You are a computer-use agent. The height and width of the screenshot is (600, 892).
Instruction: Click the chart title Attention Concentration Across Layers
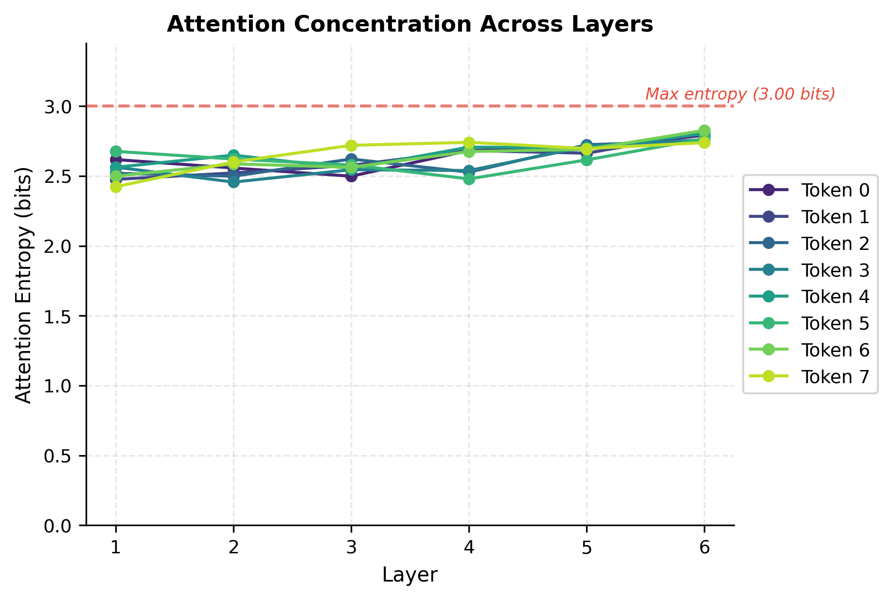[410, 25]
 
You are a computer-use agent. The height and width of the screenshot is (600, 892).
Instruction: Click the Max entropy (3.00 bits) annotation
[740, 94]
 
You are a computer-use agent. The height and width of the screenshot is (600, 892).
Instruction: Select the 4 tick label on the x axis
[469, 548]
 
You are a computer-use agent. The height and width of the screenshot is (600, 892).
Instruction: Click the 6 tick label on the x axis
[704, 548]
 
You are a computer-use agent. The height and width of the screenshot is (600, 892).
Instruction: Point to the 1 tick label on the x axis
[116, 548]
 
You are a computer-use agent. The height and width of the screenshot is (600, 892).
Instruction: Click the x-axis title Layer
[410, 575]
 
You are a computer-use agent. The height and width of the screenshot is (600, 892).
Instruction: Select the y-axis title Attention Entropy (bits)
[23, 285]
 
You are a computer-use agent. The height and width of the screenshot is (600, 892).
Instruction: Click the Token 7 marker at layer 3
[351, 145]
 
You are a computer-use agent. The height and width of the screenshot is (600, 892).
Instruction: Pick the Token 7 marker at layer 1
[116, 187]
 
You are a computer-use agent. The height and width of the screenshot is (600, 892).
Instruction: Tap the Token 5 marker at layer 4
[469, 179]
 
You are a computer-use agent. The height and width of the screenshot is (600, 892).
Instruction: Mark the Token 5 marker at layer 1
[116, 152]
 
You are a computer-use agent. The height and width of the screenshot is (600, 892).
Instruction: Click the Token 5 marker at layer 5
[587, 160]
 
